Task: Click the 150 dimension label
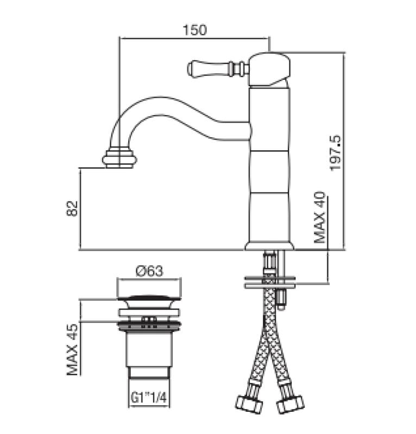[x=194, y=30]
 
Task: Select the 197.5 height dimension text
[x=336, y=153]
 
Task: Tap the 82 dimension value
[x=72, y=208]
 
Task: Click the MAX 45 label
[x=72, y=349]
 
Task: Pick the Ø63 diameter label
[x=149, y=271]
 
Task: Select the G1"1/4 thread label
[x=149, y=398]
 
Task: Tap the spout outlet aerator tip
[x=119, y=158]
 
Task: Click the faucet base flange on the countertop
[x=269, y=246]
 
